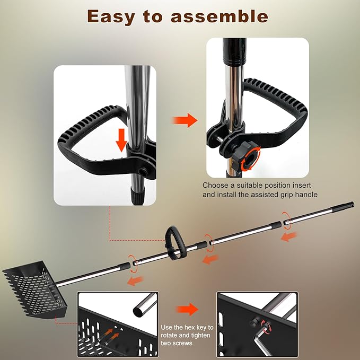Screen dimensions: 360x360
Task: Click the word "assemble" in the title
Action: point(220,16)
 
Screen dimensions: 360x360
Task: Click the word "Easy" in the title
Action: point(113,16)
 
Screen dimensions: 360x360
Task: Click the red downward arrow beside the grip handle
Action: point(122,139)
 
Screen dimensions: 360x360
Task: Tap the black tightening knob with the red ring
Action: point(248,154)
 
